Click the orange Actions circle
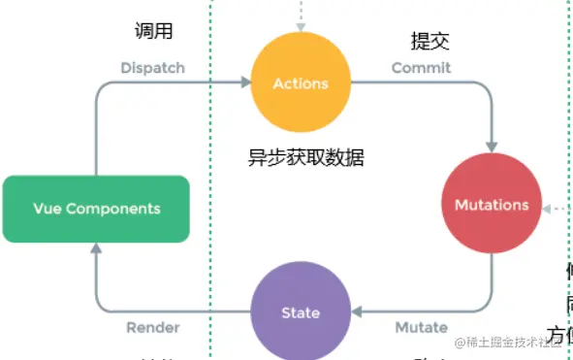coord(300,83)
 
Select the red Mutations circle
coord(492,205)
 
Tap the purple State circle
coord(300,312)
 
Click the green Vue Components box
coord(96,209)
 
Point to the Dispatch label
coord(152,68)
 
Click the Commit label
coord(421,68)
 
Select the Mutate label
coord(421,327)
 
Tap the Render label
coord(153,327)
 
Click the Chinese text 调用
coord(153,31)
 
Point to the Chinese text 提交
coord(430,41)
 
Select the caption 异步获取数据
coord(306,157)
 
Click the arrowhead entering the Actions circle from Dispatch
coord(244,84)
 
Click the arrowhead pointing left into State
coord(356,312)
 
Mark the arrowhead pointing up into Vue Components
coord(96,249)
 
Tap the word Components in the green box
coord(111,209)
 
